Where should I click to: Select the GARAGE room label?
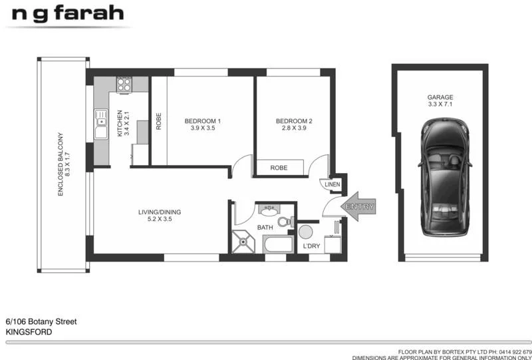coord(440,100)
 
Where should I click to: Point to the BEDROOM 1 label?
coord(202,124)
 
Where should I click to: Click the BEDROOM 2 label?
coord(294,124)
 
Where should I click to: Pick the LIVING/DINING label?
coord(160,216)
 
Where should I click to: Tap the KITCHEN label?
coord(124,123)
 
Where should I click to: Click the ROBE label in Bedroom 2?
coord(279,168)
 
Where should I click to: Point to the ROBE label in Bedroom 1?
coord(158,120)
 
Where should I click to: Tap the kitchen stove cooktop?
coord(124,85)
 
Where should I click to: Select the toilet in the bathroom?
coord(286,222)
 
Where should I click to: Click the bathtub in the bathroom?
coord(278,244)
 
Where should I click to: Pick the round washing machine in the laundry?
coord(305,232)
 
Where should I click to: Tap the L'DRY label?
coord(311,247)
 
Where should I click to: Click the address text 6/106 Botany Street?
coord(41,321)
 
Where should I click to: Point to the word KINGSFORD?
coord(29,331)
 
